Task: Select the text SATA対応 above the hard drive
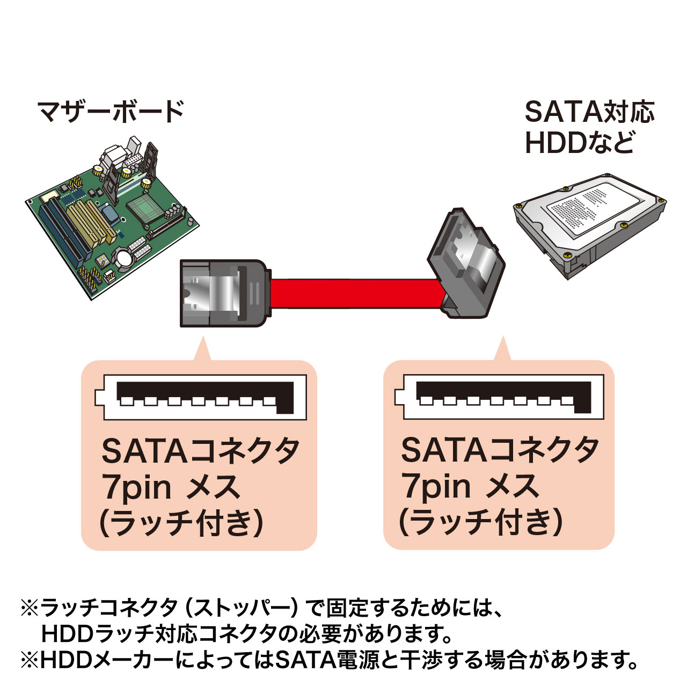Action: [x=589, y=112]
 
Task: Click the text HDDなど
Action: [x=579, y=143]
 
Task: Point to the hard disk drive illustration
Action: [x=589, y=225]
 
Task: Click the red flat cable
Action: [x=354, y=294]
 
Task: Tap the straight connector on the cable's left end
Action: [x=223, y=293]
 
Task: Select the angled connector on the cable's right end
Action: [x=464, y=266]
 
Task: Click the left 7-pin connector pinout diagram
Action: [x=200, y=397]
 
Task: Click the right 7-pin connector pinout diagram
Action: [x=499, y=397]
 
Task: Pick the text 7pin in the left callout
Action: [x=136, y=487]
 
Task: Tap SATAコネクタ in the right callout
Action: [x=499, y=451]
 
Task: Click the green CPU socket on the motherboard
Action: [x=143, y=208]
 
